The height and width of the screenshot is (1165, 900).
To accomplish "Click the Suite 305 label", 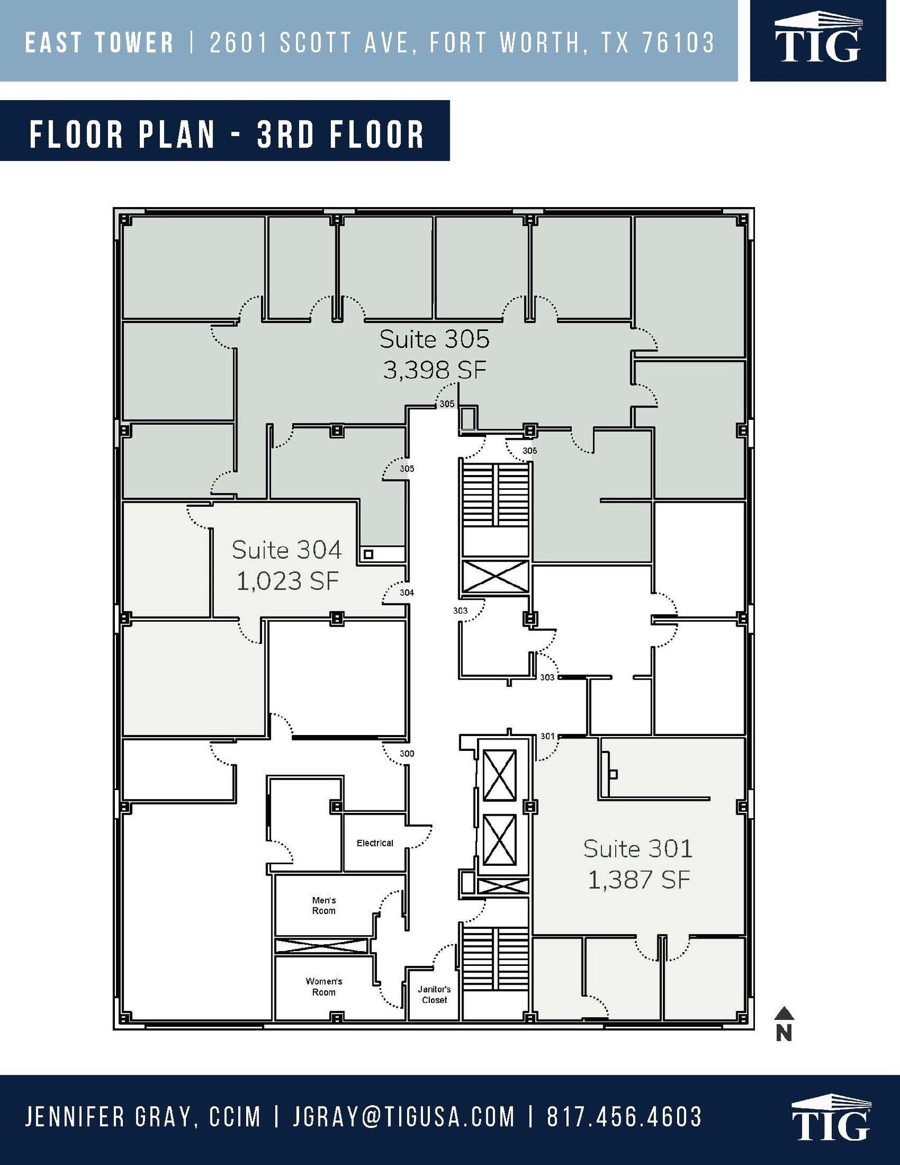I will click(x=434, y=339).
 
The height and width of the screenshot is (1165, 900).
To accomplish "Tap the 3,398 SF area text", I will click(x=434, y=371).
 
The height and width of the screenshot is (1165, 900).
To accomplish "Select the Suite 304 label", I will click(x=287, y=550).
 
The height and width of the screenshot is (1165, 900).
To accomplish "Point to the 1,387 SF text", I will click(x=638, y=881).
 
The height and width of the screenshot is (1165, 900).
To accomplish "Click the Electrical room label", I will click(x=375, y=843).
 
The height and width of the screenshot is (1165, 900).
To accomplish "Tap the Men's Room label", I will click(x=323, y=906).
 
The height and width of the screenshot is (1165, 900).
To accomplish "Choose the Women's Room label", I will click(x=323, y=987).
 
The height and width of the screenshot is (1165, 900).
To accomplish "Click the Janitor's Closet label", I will click(x=434, y=995).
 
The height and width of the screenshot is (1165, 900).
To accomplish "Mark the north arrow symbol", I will click(x=784, y=1023).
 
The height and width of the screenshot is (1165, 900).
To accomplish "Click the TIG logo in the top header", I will click(x=818, y=42).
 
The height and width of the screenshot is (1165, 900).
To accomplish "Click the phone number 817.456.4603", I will click(x=624, y=1117).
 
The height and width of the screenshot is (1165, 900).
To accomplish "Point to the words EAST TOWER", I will click(x=99, y=43).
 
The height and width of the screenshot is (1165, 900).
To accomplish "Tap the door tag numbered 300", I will click(x=407, y=754).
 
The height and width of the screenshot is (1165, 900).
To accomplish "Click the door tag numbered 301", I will click(x=547, y=736).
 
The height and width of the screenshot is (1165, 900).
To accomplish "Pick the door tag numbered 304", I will click(x=407, y=593).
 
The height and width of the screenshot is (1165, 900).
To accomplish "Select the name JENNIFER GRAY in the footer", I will click(x=108, y=1117).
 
